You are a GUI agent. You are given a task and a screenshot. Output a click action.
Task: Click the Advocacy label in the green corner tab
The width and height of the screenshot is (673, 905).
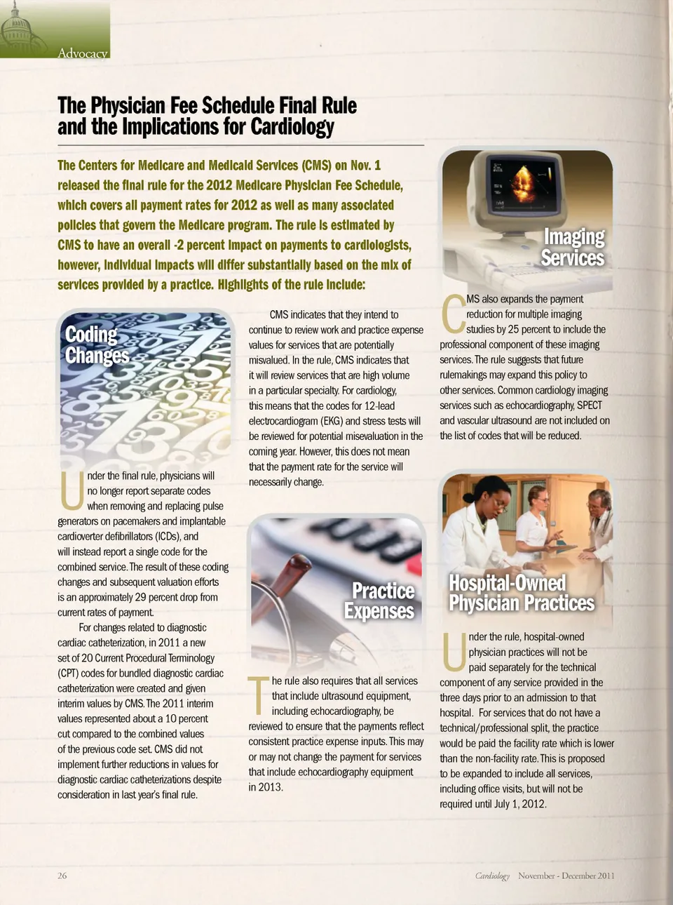(x=83, y=53)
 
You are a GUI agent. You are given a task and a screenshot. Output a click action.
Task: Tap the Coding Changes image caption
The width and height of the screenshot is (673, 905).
(x=97, y=345)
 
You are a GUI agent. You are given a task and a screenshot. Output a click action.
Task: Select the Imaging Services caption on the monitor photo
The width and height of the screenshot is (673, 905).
(x=573, y=248)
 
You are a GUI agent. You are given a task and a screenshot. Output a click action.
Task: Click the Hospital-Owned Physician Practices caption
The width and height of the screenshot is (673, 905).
(x=521, y=594)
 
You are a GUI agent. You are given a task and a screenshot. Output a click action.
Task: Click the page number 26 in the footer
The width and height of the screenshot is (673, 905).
(x=62, y=876)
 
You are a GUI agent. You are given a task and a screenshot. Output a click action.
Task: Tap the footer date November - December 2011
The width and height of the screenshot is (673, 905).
(x=566, y=876)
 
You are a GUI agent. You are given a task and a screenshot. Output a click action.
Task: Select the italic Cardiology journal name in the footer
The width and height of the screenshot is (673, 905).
(x=492, y=876)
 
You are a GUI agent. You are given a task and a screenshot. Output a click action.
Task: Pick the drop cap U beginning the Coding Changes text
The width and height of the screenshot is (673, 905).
(x=71, y=490)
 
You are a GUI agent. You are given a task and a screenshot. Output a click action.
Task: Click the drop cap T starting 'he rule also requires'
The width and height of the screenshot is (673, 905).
(x=259, y=695)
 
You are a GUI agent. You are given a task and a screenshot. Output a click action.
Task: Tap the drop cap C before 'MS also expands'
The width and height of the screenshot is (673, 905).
(x=452, y=314)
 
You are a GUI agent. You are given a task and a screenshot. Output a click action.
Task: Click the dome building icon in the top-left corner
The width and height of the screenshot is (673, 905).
(x=17, y=28)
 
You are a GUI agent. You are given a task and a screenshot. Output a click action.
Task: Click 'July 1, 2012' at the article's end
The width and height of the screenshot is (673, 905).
(x=519, y=804)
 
